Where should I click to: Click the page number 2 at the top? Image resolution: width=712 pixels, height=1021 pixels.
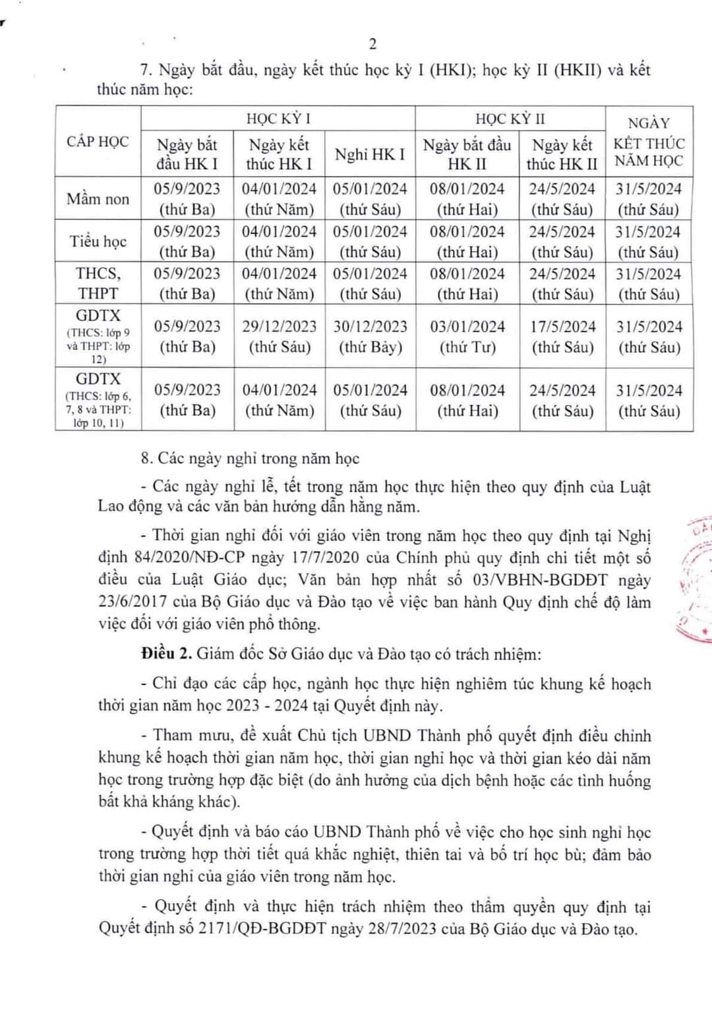point(372,44)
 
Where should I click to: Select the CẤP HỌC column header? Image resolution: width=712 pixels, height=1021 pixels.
point(98,142)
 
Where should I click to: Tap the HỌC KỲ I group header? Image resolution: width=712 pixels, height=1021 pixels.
point(278,119)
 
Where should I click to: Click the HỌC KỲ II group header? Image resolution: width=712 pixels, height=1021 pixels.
point(510,119)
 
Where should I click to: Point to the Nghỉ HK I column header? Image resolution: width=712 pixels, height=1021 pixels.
point(370,154)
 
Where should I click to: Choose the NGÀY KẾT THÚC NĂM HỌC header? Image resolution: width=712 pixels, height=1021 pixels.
point(649,142)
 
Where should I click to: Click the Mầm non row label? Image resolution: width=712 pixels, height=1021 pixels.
point(98,199)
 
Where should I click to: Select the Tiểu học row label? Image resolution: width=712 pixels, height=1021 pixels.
point(98,241)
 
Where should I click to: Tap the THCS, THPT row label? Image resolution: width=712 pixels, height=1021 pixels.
point(98,283)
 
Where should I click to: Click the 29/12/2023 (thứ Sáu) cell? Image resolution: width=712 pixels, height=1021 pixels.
point(279,337)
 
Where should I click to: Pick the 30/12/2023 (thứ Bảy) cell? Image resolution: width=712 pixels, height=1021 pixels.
point(370,337)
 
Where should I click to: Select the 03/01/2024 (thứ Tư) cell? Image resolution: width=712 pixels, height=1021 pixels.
point(467,337)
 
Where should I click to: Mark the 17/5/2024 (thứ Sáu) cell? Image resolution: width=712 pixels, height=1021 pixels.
point(562,337)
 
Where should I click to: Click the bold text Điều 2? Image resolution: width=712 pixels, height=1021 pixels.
point(166,654)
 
